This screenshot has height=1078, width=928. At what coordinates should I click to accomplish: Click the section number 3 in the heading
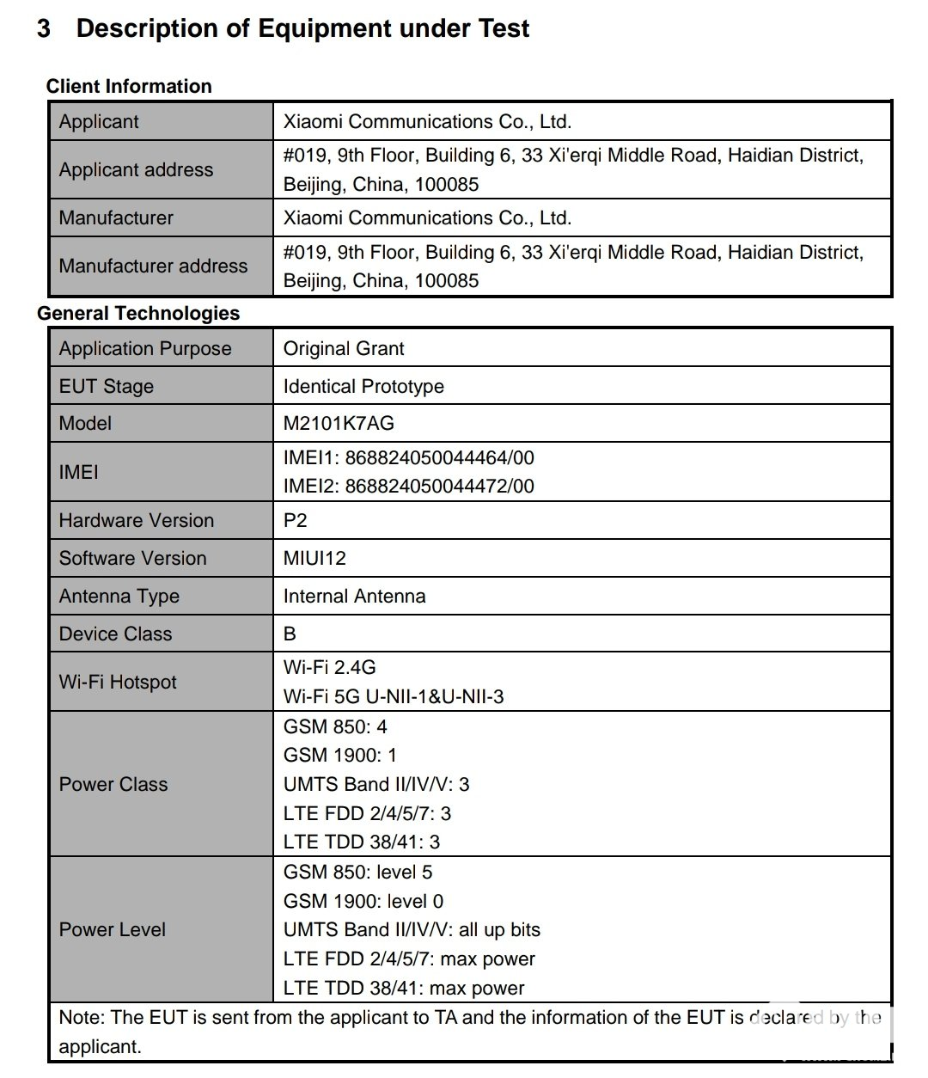pyautogui.click(x=44, y=29)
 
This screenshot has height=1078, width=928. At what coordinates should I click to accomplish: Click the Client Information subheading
pyautogui.click(x=129, y=86)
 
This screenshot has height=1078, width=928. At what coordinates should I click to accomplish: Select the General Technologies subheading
pyautogui.click(x=138, y=313)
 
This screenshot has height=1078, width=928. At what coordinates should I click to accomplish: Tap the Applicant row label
pyautogui.click(x=99, y=121)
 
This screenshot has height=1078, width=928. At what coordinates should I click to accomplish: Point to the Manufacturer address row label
pyautogui.click(x=153, y=266)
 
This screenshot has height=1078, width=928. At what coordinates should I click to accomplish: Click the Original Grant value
pyautogui.click(x=344, y=348)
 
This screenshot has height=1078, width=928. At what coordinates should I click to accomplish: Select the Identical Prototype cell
pyautogui.click(x=363, y=386)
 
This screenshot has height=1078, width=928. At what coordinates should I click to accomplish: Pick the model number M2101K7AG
pyautogui.click(x=339, y=423)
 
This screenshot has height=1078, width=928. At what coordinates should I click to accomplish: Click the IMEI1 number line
pyautogui.click(x=408, y=457)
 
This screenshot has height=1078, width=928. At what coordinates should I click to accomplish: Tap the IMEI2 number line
pyautogui.click(x=408, y=486)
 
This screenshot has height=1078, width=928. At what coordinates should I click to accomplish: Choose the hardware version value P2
pyautogui.click(x=295, y=520)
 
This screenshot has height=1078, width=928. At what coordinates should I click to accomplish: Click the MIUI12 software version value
pyautogui.click(x=314, y=558)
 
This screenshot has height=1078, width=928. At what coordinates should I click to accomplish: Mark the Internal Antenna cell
pyautogui.click(x=354, y=596)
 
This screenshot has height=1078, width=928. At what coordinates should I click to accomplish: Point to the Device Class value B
pyautogui.click(x=290, y=634)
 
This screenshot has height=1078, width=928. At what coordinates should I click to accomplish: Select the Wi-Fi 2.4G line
pyautogui.click(x=329, y=667)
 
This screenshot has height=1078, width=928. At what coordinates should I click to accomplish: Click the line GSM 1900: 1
pyautogui.click(x=339, y=755)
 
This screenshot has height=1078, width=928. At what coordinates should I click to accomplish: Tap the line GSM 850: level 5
pyautogui.click(x=357, y=872)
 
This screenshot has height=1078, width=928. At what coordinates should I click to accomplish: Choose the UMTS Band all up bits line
pyautogui.click(x=412, y=929)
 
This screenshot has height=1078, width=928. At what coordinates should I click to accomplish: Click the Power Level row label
pyautogui.click(x=113, y=929)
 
